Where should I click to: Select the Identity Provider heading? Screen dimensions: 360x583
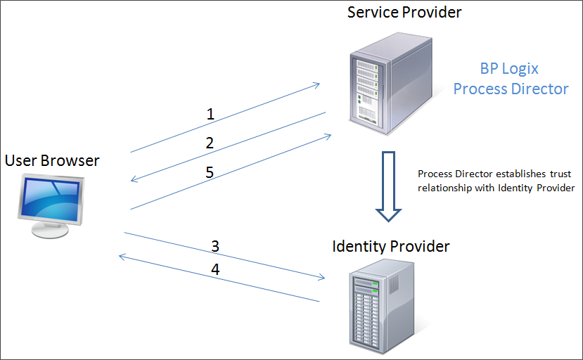pos(391,247)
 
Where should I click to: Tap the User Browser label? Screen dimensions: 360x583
pos(52,160)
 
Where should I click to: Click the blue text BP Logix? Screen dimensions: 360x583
pos(509,68)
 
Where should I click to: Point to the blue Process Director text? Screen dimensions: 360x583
pos(511,89)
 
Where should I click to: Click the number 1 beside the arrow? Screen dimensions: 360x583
pos(210,113)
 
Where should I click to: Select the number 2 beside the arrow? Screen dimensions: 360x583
pos(210,143)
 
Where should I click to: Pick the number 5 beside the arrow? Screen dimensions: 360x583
pos(210,172)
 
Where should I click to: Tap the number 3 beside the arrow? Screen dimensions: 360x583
pos(215,246)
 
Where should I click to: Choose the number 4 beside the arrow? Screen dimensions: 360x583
pos(216,269)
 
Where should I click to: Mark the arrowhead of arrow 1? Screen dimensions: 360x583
pos(318,84)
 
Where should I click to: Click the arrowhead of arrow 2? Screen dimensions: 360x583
pos(134,181)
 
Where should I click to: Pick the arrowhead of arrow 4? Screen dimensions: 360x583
pos(121,257)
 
